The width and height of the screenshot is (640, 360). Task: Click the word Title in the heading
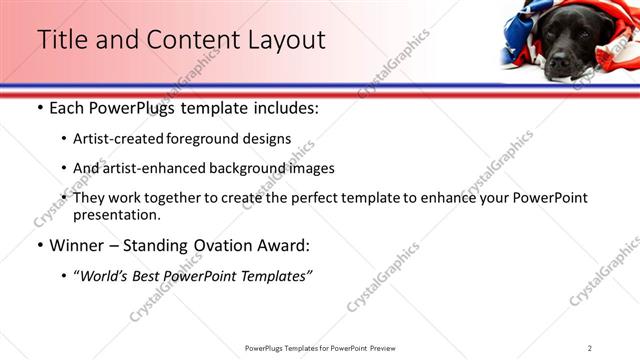[62, 40]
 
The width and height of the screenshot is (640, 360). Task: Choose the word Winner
[74, 244]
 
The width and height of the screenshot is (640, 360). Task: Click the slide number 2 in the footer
[589, 347]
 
